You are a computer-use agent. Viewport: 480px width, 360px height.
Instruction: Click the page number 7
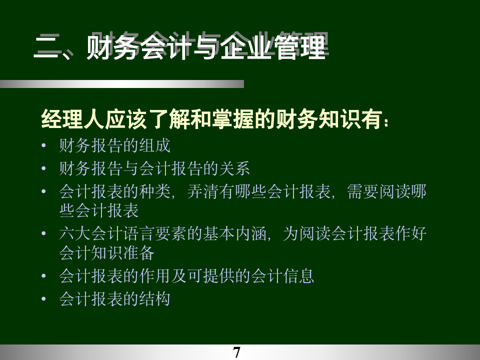click(237, 352)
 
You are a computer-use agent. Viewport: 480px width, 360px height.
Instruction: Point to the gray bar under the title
click(122, 84)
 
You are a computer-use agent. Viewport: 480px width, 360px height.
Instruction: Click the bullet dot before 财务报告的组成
click(44, 146)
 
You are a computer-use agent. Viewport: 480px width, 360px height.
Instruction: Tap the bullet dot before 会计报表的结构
click(44, 299)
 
